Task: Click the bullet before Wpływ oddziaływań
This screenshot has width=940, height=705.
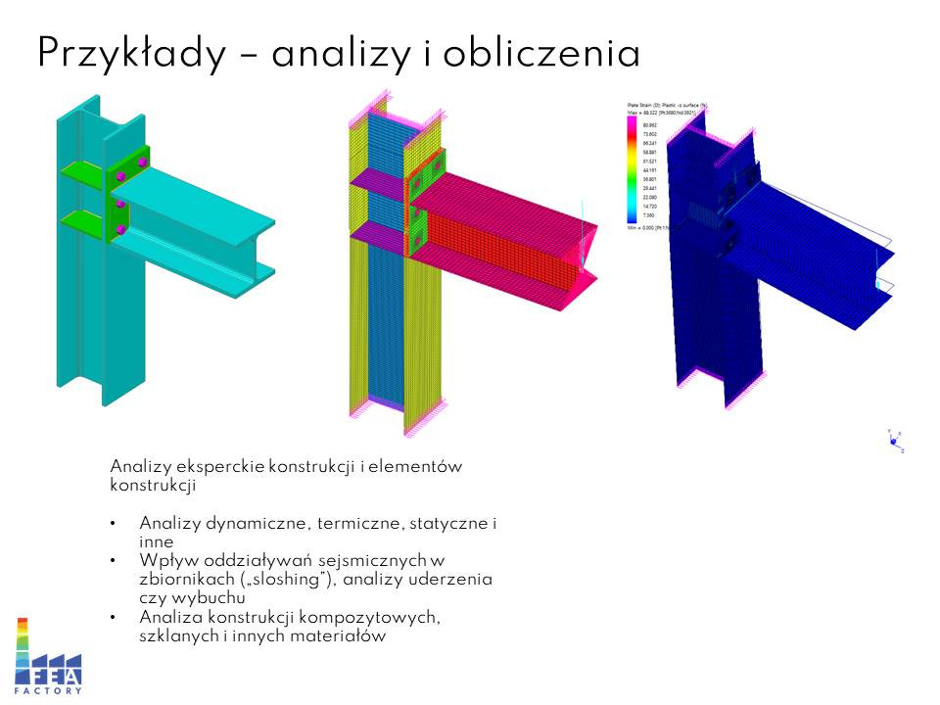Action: pyautogui.click(x=115, y=561)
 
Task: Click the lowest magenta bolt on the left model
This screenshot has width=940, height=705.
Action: pyautogui.click(x=120, y=229)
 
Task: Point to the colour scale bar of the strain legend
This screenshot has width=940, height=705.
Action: pyautogui.click(x=632, y=170)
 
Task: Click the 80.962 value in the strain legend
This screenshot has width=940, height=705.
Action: pyautogui.click(x=649, y=125)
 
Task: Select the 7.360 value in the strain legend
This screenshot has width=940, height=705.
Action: pyautogui.click(x=649, y=216)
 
